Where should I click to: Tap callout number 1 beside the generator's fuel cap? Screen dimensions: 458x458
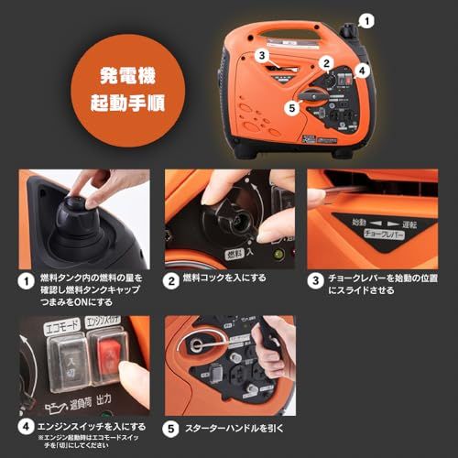[367, 17]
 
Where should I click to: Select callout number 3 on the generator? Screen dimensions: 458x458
[261, 55]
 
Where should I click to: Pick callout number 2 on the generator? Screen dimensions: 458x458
[325, 63]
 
